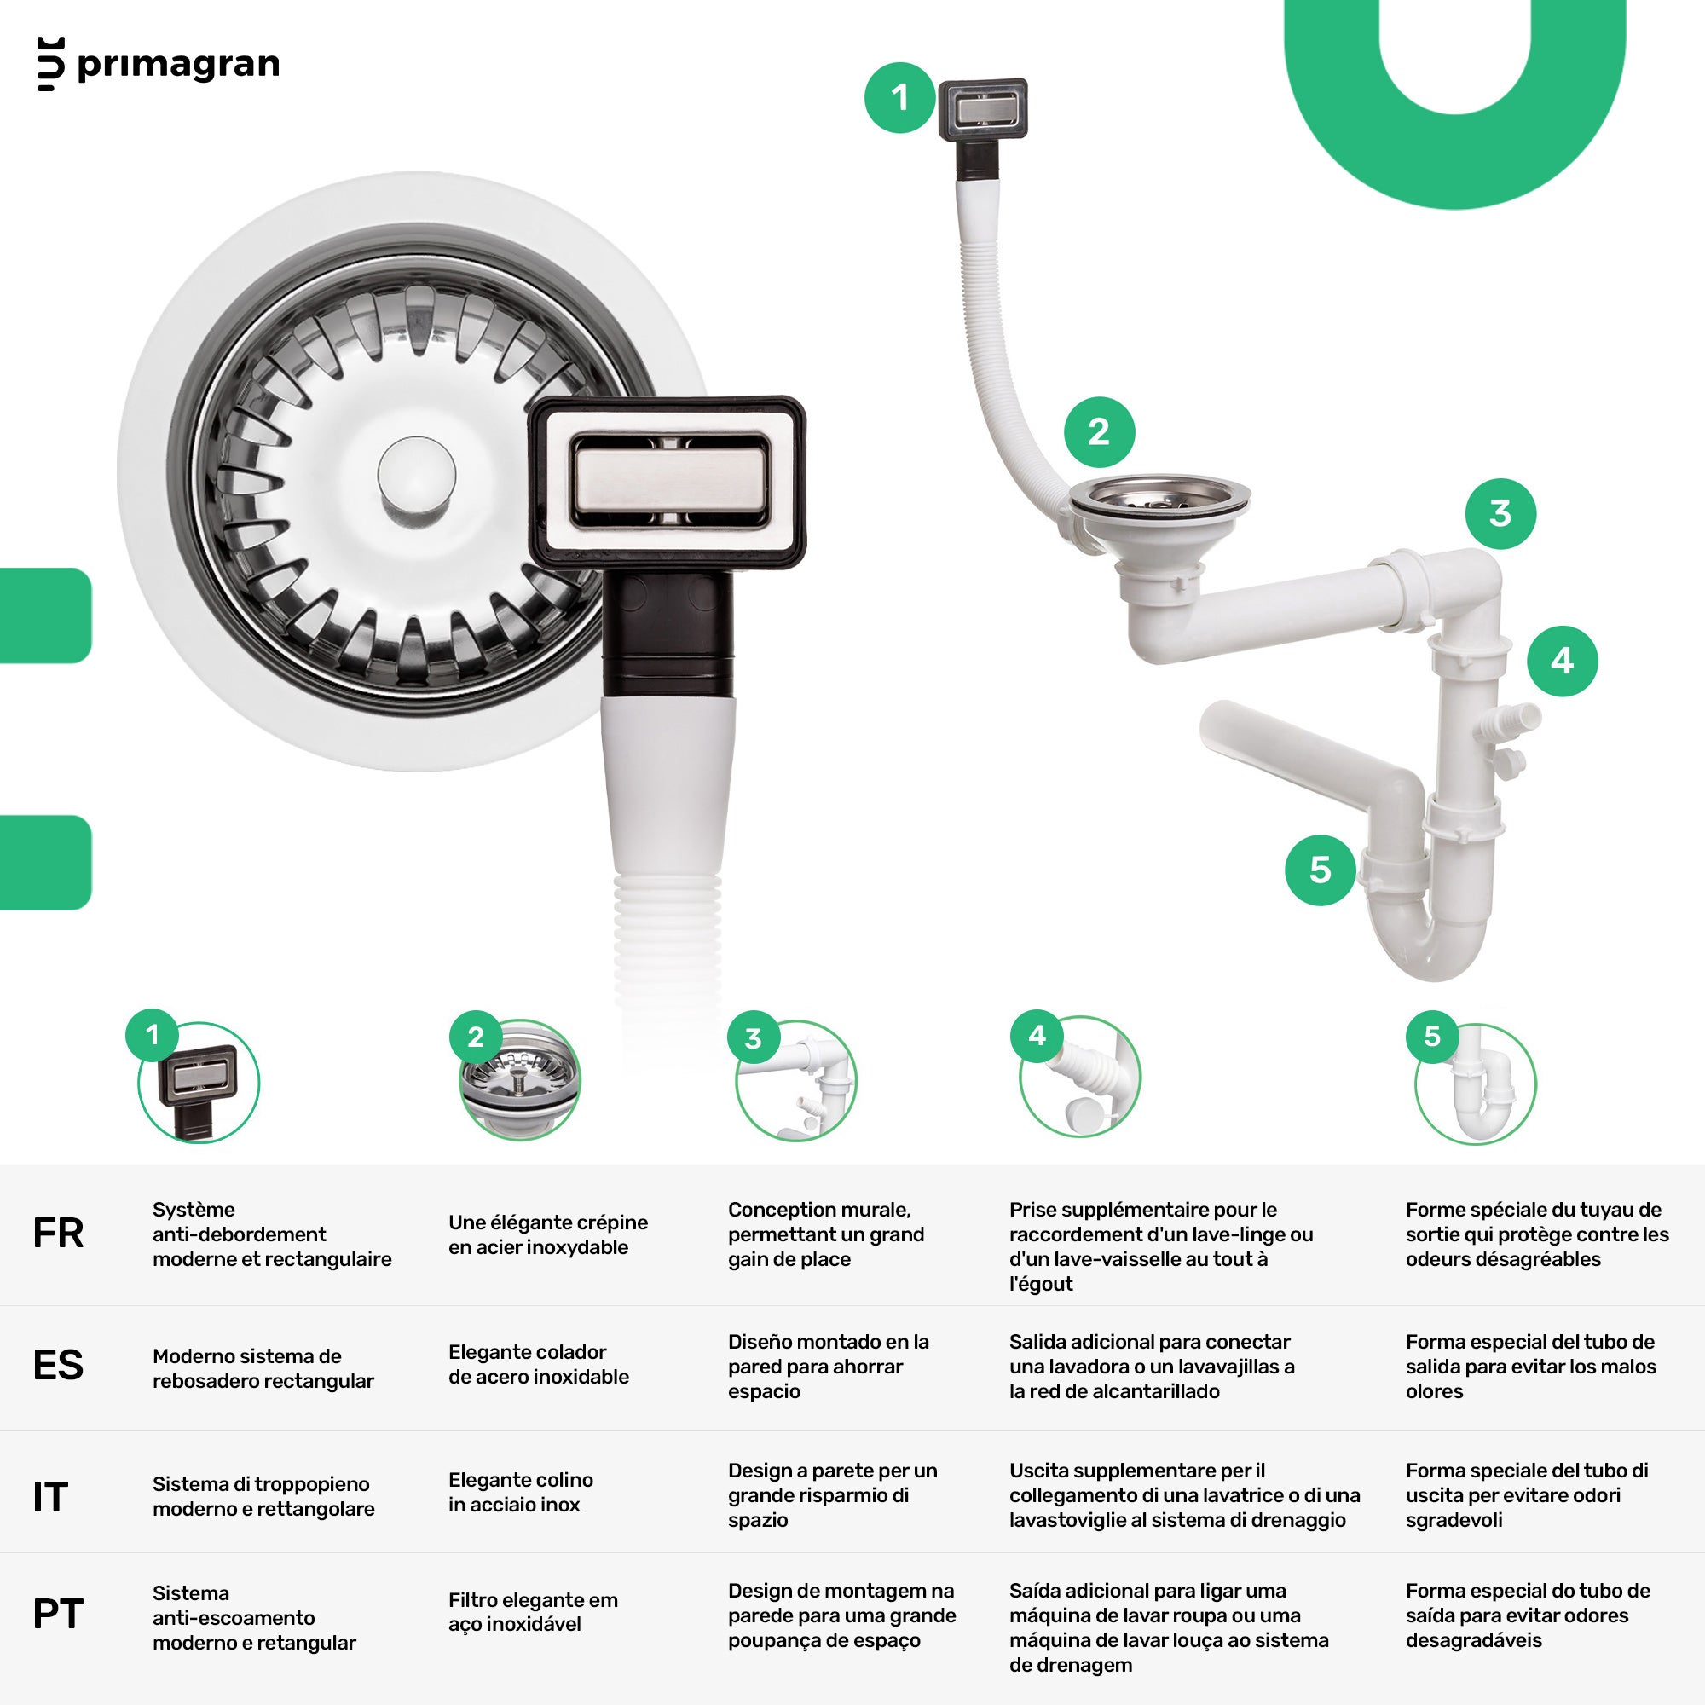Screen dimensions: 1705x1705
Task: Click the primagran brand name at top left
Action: [178, 65]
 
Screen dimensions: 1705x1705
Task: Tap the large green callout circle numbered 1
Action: [899, 98]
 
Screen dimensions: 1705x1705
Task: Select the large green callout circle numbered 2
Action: [1099, 432]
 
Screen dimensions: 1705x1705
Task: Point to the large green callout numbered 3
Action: [1500, 513]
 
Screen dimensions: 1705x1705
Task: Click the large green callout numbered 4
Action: [1562, 661]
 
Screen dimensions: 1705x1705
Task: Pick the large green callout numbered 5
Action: [1321, 870]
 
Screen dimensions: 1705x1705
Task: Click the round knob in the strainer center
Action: [417, 474]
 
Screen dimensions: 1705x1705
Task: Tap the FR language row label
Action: [58, 1234]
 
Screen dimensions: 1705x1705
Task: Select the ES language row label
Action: [58, 1365]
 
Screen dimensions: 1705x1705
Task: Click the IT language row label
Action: [50, 1498]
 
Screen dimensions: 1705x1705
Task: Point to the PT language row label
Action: [58, 1614]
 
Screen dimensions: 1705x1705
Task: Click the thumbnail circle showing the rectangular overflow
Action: [199, 1083]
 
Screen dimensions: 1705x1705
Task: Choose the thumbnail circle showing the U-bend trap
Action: [1476, 1084]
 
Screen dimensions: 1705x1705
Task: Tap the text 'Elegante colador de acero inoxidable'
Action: [538, 1364]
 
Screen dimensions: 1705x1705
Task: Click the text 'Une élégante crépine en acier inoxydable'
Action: [548, 1234]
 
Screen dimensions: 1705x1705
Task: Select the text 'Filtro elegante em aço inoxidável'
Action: [533, 1611]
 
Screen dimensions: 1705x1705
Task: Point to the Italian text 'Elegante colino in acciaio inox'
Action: [521, 1493]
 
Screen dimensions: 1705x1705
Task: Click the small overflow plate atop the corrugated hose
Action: [982, 108]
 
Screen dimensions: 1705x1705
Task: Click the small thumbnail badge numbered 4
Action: [1037, 1035]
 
